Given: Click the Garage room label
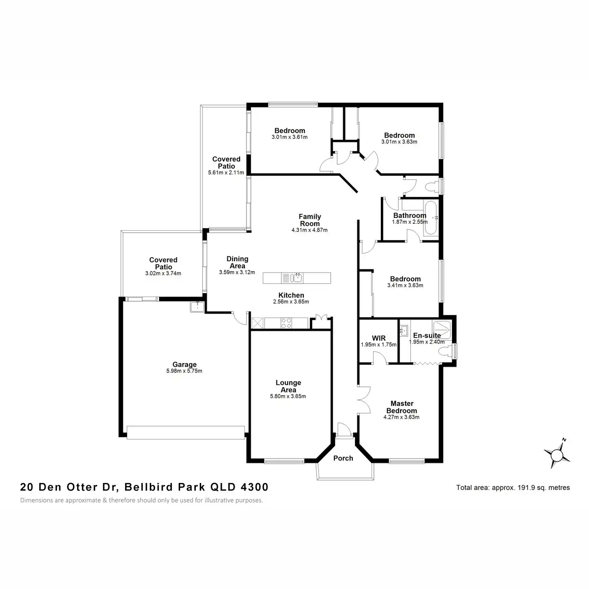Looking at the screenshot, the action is (x=184, y=364).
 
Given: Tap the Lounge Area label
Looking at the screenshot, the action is (x=288, y=386).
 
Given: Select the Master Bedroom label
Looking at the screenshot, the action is (x=402, y=407).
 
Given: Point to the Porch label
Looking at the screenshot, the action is (x=343, y=458).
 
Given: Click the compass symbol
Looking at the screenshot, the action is (x=557, y=455).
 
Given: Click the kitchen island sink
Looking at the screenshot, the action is (x=296, y=278).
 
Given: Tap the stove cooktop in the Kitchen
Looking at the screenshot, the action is (x=286, y=323).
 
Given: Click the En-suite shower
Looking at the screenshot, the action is (x=441, y=327).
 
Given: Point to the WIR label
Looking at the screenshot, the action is (x=378, y=338).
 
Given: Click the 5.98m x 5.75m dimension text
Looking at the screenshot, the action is (x=184, y=371).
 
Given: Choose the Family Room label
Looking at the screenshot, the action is (x=310, y=220).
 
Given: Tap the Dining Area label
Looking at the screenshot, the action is (x=237, y=262).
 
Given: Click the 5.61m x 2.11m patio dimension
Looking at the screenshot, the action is (x=226, y=173).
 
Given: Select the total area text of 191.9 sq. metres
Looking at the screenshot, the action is (x=513, y=488).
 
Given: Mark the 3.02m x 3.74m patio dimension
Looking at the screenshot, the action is (x=163, y=273).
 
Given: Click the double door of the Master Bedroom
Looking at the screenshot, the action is (x=363, y=400).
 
